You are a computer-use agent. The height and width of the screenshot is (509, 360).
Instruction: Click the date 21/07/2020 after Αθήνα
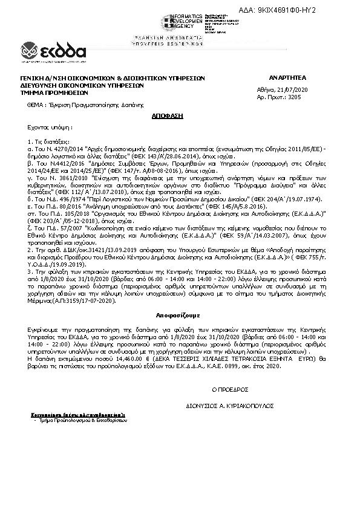292,89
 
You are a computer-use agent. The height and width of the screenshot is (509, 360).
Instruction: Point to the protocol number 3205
294,97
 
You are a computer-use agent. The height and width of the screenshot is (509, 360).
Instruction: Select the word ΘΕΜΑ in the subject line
36,105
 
